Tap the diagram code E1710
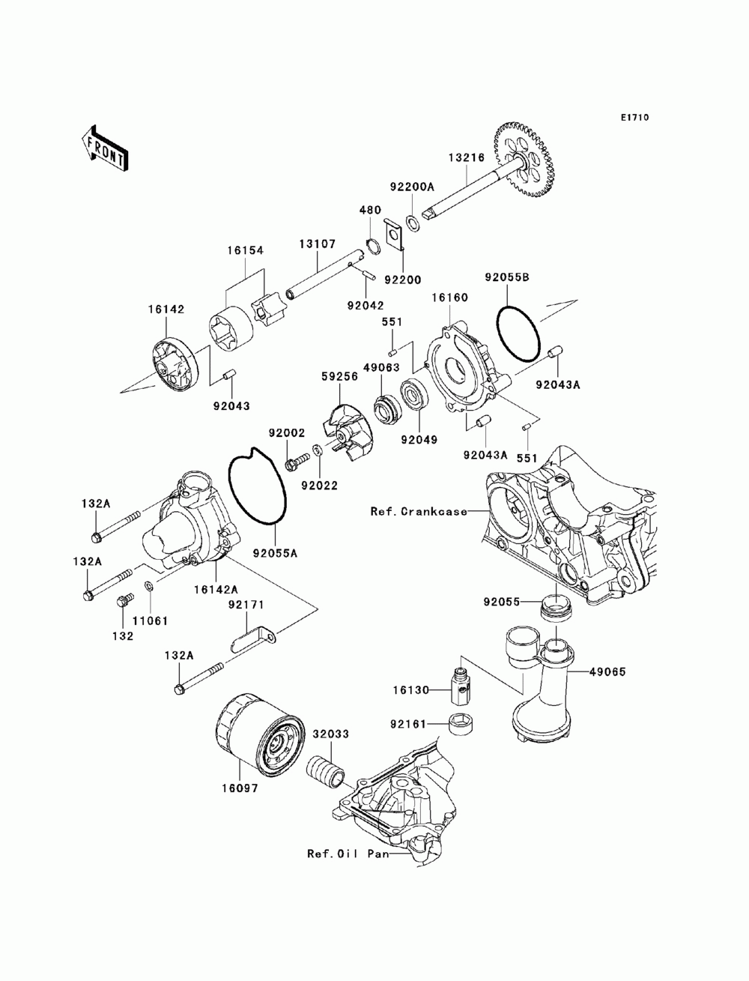point(634,118)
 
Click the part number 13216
point(467,157)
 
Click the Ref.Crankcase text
point(419,512)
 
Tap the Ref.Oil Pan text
point(348,854)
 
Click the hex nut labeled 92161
point(458,725)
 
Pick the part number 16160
point(449,298)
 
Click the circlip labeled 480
point(371,247)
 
